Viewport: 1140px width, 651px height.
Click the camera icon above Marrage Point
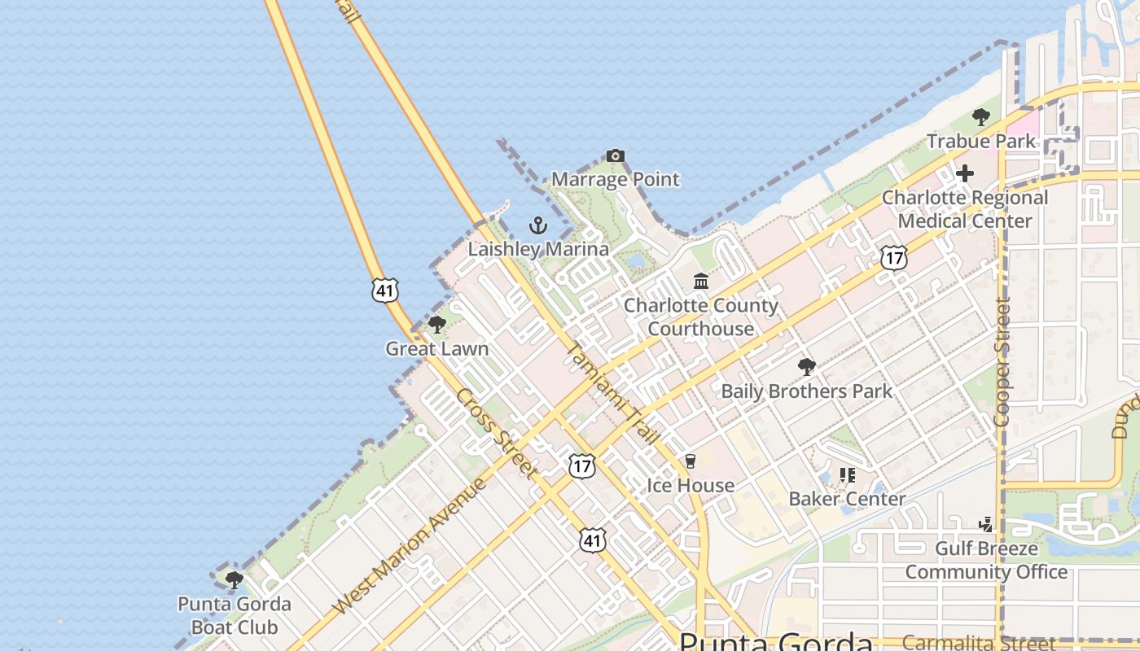click(616, 155)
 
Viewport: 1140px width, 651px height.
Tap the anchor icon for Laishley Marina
click(537, 225)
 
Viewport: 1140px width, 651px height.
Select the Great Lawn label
click(437, 349)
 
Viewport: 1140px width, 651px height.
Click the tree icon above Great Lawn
click(437, 325)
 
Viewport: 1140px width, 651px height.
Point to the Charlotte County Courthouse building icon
click(700, 282)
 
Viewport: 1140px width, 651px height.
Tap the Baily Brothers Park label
click(807, 391)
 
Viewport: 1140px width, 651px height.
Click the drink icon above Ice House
click(691, 461)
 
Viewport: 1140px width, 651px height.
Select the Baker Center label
click(847, 499)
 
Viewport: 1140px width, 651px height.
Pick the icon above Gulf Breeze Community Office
click(986, 524)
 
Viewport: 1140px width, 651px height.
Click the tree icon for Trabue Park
click(981, 117)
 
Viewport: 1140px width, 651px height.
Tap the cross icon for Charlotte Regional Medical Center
click(965, 173)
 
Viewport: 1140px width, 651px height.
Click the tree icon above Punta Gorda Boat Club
click(235, 580)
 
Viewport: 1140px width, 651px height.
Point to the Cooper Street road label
click(1002, 362)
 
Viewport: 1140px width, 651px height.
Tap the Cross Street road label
click(497, 434)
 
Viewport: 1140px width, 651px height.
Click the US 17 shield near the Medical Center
click(893, 258)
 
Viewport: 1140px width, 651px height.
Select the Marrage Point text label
click(616, 180)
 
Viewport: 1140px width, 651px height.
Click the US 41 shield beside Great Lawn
click(385, 290)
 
